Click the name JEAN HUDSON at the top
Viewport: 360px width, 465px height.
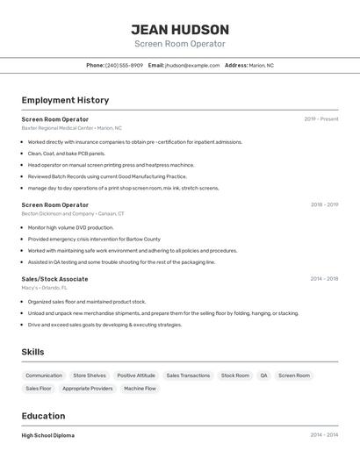(180, 30)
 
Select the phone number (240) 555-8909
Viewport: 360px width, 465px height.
(124, 65)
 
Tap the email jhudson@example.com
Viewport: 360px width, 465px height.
(192, 65)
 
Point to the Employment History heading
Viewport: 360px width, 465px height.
(65, 100)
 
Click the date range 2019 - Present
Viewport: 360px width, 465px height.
(320, 119)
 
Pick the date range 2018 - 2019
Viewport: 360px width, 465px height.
(324, 204)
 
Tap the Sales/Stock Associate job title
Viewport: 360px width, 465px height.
(54, 279)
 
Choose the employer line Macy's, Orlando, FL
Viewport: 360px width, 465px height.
(44, 288)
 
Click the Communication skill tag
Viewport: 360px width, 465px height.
(44, 376)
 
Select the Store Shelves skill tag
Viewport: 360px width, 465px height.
(90, 376)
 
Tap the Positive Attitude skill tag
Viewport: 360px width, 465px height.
(136, 376)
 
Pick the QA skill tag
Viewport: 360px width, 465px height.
(263, 376)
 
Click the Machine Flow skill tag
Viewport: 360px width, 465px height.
(140, 388)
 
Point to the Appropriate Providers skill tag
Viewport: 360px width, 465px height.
(88, 388)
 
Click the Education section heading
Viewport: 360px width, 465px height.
(43, 416)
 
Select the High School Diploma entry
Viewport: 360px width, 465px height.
(47, 435)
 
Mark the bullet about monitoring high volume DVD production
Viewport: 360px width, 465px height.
(70, 227)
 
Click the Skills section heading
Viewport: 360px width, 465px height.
(32, 352)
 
